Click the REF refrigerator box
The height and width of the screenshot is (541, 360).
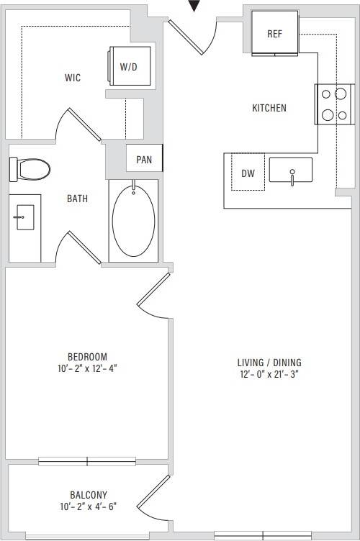pyautogui.click(x=274, y=34)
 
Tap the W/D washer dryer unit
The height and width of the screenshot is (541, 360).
pyautogui.click(x=130, y=66)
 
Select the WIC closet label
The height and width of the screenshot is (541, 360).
pyautogui.click(x=72, y=78)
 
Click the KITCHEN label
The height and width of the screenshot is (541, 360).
pyautogui.click(x=269, y=109)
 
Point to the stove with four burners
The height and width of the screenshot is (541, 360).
pyautogui.click(x=333, y=104)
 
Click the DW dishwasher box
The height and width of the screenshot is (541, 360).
pyautogui.click(x=248, y=173)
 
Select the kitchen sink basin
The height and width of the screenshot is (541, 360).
pyautogui.click(x=291, y=171)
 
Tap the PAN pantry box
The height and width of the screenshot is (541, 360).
pyautogui.click(x=144, y=160)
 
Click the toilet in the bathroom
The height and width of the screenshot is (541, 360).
pyautogui.click(x=31, y=169)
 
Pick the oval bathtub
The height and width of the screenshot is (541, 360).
pyautogui.click(x=133, y=220)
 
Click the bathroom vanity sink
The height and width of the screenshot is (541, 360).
pyautogui.click(x=24, y=215)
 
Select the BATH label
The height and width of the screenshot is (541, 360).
pyautogui.click(x=78, y=199)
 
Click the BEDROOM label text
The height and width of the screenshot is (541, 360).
pyautogui.click(x=87, y=357)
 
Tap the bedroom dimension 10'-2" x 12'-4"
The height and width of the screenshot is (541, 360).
pyautogui.click(x=87, y=368)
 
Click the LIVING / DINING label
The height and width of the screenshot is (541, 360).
pyautogui.click(x=269, y=363)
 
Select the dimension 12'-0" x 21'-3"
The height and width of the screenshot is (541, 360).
pyautogui.click(x=269, y=375)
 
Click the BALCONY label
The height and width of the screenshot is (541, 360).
pyautogui.click(x=89, y=495)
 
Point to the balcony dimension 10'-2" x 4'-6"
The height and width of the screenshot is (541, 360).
pyautogui.click(x=89, y=506)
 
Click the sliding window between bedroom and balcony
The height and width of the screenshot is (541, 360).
pyautogui.click(x=87, y=460)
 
